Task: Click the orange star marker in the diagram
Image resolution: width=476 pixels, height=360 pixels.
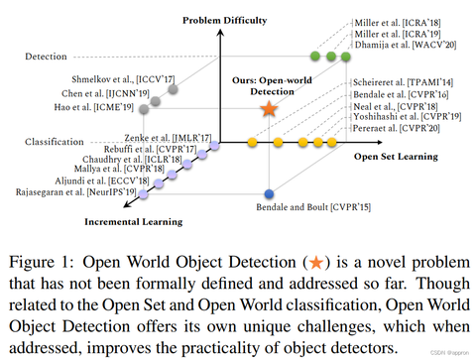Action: click(268, 109)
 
